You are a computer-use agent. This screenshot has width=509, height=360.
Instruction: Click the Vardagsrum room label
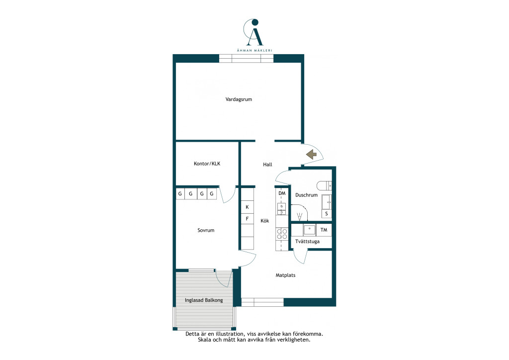click(239, 99)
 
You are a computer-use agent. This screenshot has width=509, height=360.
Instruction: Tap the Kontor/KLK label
click(207, 164)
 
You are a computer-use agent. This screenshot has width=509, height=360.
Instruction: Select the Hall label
click(267, 165)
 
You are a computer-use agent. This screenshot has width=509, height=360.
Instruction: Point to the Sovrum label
click(206, 230)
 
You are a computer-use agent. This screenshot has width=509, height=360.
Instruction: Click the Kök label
click(265, 221)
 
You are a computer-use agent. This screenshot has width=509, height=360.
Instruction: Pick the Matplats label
click(285, 275)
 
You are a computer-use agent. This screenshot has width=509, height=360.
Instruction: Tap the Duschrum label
click(306, 195)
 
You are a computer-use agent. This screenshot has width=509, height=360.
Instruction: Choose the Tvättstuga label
click(307, 242)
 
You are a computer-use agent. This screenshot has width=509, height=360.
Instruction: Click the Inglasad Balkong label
click(204, 300)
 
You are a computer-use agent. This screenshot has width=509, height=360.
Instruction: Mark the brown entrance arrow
click(312, 154)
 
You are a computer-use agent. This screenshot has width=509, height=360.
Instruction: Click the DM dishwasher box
click(281, 193)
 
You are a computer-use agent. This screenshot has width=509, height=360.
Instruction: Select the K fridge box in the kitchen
click(247, 207)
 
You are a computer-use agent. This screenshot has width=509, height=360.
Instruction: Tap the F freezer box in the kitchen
click(247, 219)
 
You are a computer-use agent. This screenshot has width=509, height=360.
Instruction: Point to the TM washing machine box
click(324, 230)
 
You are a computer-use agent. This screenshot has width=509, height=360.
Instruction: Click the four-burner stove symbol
click(281, 234)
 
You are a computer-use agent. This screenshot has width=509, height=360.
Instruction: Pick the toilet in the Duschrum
click(324, 185)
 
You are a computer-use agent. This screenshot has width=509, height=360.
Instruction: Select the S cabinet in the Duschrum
click(326, 214)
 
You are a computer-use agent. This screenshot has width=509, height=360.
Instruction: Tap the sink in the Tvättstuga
click(309, 230)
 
